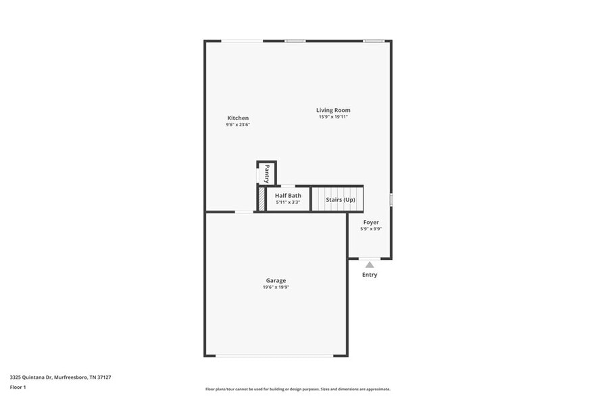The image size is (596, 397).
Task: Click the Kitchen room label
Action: tap(237, 118)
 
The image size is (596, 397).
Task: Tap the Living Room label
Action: tap(333, 110)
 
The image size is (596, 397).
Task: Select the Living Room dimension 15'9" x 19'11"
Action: tap(333, 117)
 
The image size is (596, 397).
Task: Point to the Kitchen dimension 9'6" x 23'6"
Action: tap(237, 125)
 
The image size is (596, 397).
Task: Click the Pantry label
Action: tap(267, 174)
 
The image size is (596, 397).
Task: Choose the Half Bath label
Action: tap(288, 195)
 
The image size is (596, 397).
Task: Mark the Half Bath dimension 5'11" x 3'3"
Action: tap(288, 202)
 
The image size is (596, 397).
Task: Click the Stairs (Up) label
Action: tap(340, 200)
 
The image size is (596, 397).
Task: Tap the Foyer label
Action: tap(371, 222)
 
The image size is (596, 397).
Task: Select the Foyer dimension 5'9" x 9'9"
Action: tap(371, 229)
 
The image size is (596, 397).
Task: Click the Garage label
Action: tap(276, 280)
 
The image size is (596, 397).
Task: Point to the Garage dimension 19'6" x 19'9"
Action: tap(276, 287)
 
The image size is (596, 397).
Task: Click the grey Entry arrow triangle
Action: tap(370, 265)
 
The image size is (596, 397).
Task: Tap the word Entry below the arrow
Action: tap(370, 275)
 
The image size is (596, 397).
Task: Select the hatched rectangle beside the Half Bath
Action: tap(261, 199)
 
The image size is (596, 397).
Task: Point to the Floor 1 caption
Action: tap(18, 387)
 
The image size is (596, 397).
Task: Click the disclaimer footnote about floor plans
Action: tap(297, 389)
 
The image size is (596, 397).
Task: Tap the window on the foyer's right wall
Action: tap(391, 199)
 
